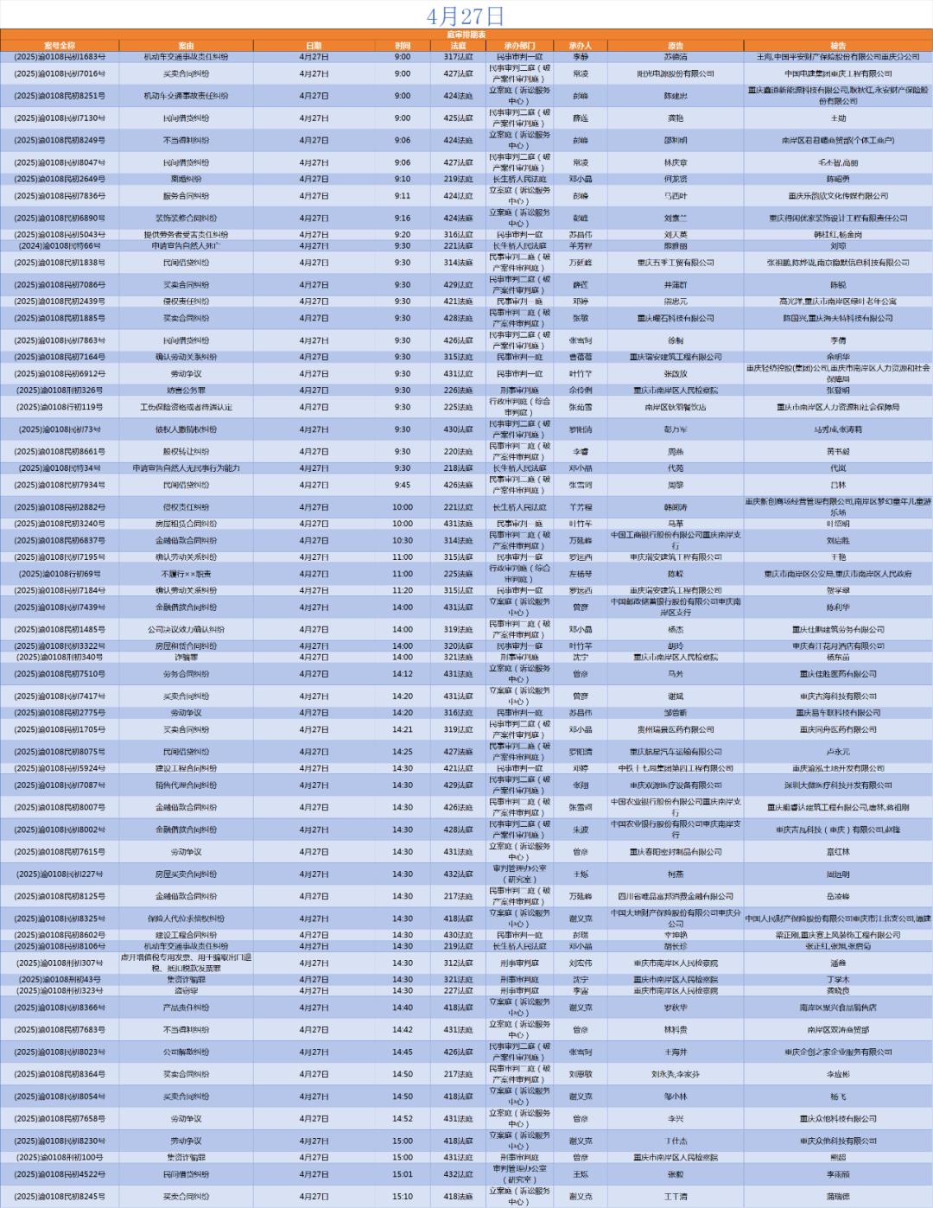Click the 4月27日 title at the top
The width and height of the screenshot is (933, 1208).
tap(466, 16)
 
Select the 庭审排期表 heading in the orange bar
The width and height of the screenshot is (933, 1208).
tap(466, 34)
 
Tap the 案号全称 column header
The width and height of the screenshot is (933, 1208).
tap(60, 46)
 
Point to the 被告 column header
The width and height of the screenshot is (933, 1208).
tap(837, 46)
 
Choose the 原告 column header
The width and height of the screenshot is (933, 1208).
tap(675, 46)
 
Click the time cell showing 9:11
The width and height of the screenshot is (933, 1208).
tap(403, 196)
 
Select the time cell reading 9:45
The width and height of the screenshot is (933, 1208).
tap(403, 485)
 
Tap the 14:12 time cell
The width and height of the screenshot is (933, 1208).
tap(403, 674)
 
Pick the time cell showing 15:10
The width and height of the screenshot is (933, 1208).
tap(403, 1197)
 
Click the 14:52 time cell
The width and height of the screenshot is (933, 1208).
tap(403, 1119)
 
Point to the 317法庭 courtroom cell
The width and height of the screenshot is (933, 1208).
tap(458, 57)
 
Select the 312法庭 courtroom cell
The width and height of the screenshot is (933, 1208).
tap(458, 963)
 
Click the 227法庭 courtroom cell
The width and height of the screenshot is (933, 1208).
tap(458, 991)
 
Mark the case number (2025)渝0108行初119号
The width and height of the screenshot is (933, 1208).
tap(60, 407)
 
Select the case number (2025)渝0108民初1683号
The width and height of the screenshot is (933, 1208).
tap(60, 57)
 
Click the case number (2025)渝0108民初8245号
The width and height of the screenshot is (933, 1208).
tap(60, 1197)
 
